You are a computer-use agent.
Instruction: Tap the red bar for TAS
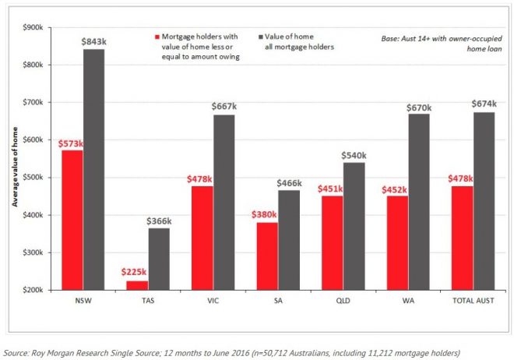coord(136,285)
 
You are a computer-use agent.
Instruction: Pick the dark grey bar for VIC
coord(224,202)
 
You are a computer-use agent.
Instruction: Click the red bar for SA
coord(267,256)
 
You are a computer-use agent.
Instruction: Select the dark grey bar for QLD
coord(354,226)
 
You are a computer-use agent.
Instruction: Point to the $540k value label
coord(354,155)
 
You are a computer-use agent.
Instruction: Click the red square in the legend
coord(157,37)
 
